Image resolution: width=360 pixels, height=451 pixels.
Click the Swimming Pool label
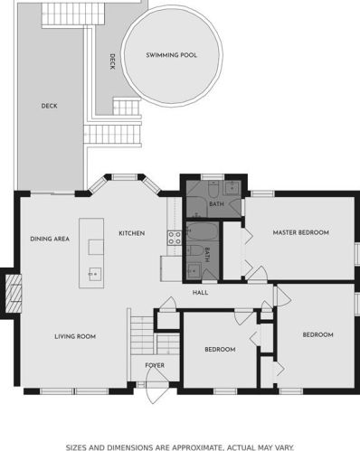pos(171,55)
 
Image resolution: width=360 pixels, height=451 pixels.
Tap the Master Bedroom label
pos(300,232)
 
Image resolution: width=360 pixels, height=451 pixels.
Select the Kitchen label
pos(132,233)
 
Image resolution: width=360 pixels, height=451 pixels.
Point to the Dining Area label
pos(50,239)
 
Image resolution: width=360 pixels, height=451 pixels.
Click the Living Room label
pos(75,336)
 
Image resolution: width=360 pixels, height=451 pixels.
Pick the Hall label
pos(200,293)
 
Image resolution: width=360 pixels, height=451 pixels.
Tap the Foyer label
pos(155,365)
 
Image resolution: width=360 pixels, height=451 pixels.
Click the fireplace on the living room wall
pos(14,294)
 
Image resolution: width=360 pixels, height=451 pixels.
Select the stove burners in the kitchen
pos(175,238)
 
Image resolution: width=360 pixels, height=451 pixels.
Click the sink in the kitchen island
pos(95,274)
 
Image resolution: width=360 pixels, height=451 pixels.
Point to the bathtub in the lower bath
pos(203,231)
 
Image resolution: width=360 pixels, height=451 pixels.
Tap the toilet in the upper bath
pos(213,189)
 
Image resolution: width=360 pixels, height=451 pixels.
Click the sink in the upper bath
pos(232,188)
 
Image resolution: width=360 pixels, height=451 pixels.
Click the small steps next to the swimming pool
pos(127,107)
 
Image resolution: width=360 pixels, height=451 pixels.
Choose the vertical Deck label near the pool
pos(112,61)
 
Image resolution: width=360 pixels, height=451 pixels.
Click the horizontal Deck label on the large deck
pos(50,106)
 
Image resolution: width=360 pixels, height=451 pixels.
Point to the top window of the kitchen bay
pos(125,177)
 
